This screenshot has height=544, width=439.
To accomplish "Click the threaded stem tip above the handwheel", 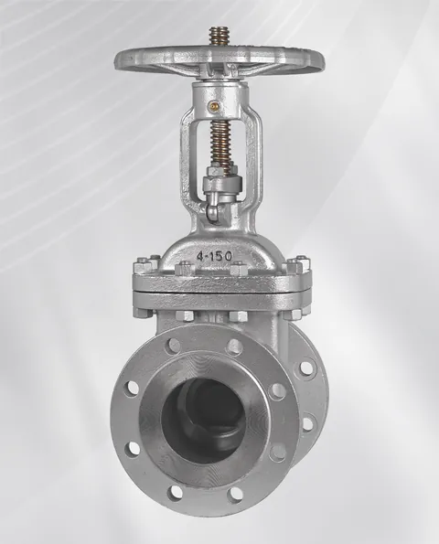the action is pos(217,37).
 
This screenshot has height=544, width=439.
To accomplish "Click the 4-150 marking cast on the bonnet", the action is pos(214,256).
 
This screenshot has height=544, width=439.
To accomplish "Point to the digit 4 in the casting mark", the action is pos(200,257).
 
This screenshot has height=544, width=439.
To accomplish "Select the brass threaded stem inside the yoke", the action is pos(220,147).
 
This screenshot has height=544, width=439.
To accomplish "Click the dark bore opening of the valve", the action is pos(204,421).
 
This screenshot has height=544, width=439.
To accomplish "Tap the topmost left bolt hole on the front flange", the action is pos(173,346).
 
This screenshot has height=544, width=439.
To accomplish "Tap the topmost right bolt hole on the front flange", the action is pos(235,347).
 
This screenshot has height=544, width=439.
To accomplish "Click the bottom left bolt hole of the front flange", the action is pos(176,492).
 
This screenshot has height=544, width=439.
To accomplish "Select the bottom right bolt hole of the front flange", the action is pos(235,493).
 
